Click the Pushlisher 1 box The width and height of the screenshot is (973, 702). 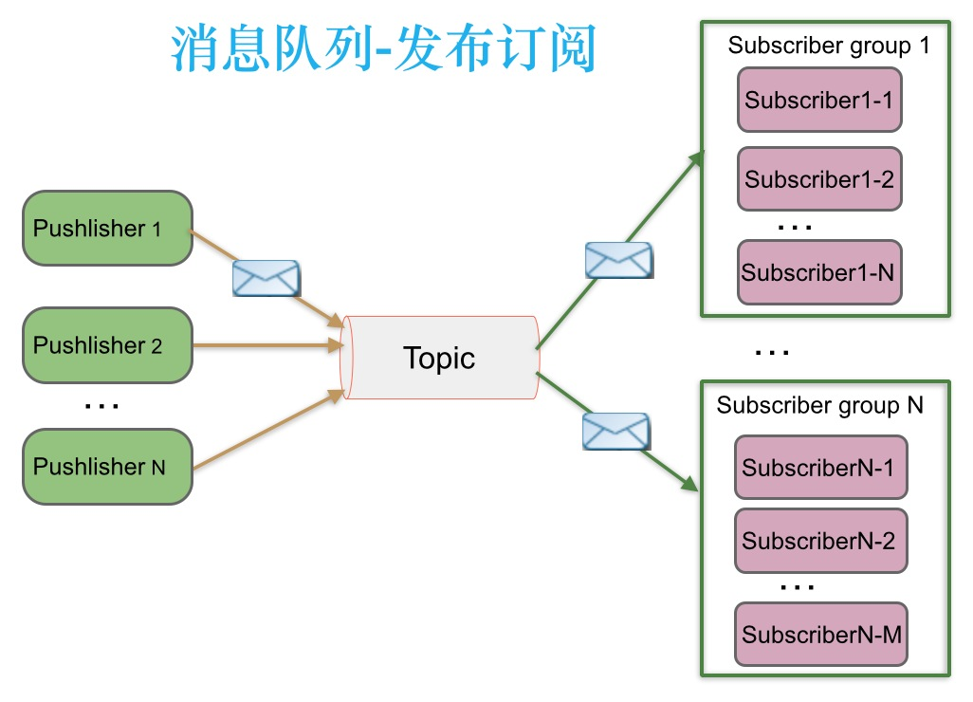107,229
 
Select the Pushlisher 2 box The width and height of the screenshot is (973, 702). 107,345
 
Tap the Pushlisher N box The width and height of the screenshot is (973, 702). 107,466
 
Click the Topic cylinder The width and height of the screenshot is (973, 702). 439,358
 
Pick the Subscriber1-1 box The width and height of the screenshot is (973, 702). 818,100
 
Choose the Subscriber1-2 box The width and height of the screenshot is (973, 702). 818,178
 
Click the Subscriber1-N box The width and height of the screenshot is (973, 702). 818,272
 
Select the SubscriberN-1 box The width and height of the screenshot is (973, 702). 820,468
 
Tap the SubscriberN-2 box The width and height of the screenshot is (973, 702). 820,541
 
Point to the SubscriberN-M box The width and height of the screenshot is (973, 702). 820,635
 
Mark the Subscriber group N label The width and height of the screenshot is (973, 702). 819,406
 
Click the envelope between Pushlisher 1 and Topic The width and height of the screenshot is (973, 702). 266,277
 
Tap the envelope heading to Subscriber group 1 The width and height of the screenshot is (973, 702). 618,260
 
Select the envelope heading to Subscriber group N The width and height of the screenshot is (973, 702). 615,431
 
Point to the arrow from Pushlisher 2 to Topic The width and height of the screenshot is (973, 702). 266,346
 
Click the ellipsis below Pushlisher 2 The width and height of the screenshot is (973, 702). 101,407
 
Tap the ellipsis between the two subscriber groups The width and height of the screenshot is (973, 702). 772,353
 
